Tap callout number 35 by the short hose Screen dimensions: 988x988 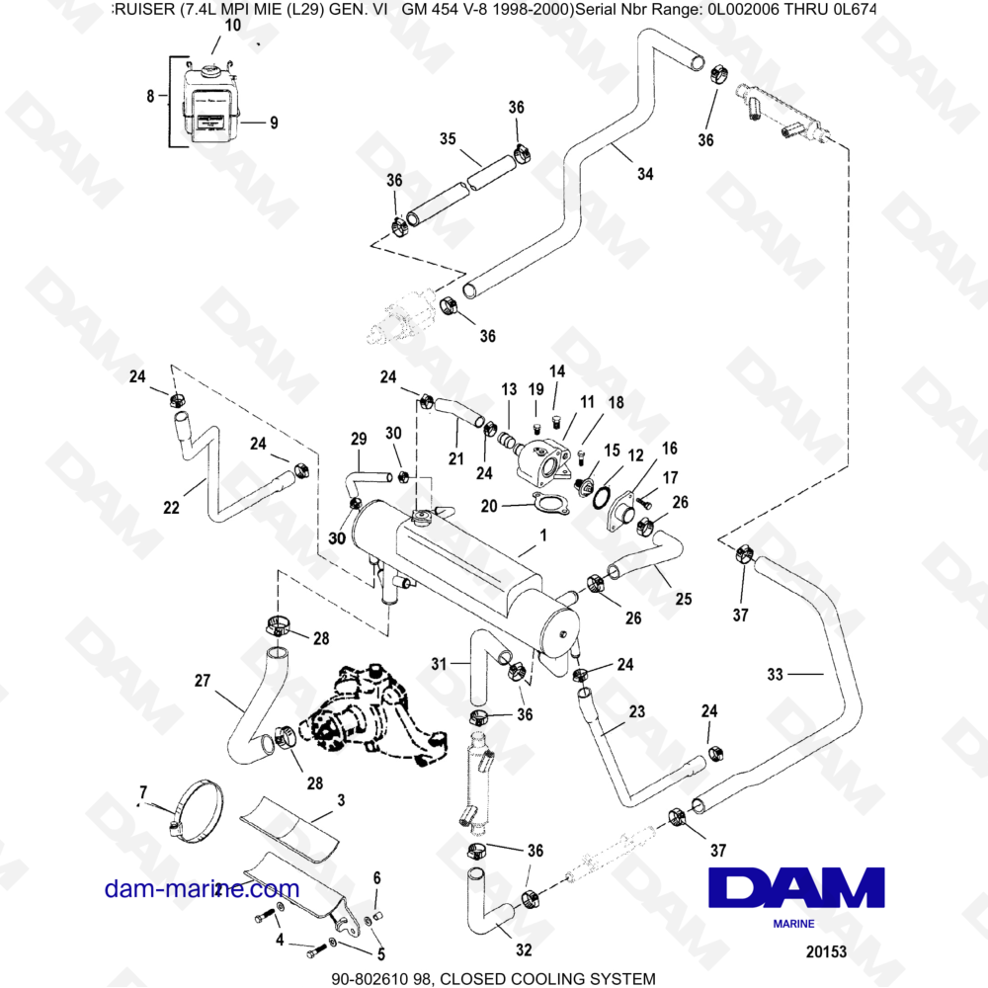pos(448,139)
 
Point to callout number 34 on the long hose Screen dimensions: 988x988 pos(644,175)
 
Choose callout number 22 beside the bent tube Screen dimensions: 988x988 pos(171,508)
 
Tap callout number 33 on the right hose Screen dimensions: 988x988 pos(776,674)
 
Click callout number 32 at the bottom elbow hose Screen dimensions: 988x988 pos(524,950)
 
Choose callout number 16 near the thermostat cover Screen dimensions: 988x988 pos(670,448)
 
